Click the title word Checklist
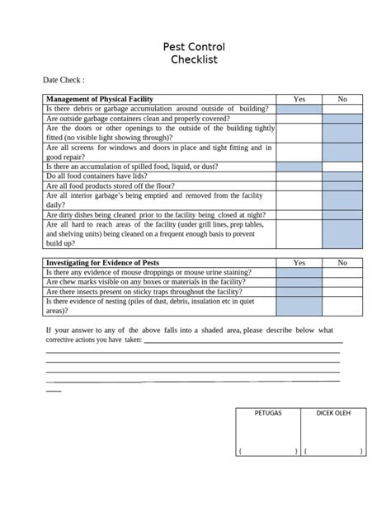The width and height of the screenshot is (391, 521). [x=195, y=60]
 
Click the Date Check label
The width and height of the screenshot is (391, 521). [x=64, y=81]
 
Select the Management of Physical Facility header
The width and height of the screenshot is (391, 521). [x=100, y=99]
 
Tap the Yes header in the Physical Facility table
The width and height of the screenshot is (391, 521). [x=299, y=99]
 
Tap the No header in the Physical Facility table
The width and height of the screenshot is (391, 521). [x=342, y=99]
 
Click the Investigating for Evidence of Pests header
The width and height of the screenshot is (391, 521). [x=103, y=262]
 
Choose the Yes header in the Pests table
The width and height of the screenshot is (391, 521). [x=299, y=262]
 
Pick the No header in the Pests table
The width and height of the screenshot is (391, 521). [x=342, y=262]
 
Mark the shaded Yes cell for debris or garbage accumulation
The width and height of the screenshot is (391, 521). [x=299, y=109]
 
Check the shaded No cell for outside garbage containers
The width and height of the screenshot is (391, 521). [x=342, y=119]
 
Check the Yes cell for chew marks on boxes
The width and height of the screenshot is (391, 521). [x=299, y=282]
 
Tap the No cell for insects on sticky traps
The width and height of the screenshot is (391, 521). [x=342, y=292]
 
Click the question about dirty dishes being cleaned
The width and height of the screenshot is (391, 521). [x=157, y=214]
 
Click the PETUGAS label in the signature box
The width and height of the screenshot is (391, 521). [x=267, y=412]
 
